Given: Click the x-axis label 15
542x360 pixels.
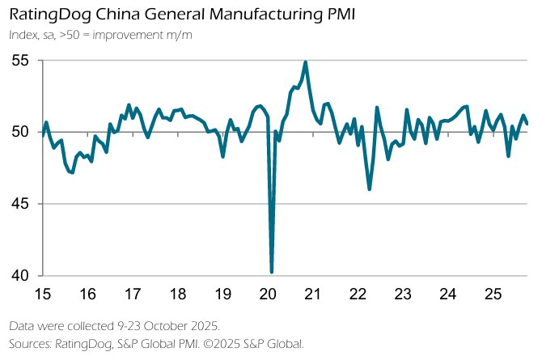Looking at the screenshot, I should (x=43, y=293).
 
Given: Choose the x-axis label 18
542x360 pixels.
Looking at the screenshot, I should (x=179, y=293).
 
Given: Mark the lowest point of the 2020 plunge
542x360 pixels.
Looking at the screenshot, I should (x=272, y=272).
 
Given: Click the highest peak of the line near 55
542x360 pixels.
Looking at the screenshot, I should (x=305, y=62).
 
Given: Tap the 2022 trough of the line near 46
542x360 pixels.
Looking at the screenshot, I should (x=370, y=189).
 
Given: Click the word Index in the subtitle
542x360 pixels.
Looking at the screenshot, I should (x=23, y=35).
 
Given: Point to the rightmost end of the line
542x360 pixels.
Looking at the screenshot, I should (x=527, y=124).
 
